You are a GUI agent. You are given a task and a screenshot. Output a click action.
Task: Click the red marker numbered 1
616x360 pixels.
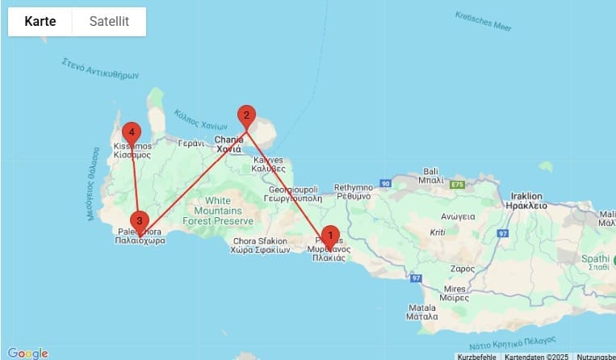(329, 237)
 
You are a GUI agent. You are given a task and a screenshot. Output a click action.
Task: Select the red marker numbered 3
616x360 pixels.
(140, 220)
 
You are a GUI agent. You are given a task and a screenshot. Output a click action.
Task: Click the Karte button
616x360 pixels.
(40, 22)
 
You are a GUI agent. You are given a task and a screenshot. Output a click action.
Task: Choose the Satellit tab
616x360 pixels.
(109, 22)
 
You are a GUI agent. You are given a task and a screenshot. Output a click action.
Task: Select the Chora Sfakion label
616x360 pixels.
(260, 245)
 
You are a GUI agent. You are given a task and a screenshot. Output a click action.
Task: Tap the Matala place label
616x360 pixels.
(421, 312)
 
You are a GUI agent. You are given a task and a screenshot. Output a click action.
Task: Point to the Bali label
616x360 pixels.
(430, 176)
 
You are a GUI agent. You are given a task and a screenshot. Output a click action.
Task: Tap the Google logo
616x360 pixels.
(27, 353)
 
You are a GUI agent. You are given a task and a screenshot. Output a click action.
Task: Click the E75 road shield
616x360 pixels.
(459, 186)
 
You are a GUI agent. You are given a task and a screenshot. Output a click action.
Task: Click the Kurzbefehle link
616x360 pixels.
(477, 356)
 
